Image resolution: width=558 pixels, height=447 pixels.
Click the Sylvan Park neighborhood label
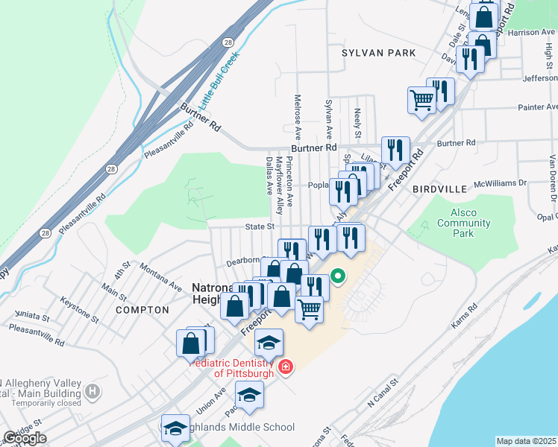pyautogui.click(x=378, y=53)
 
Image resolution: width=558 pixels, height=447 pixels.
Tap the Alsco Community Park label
pyautogui.click(x=464, y=223)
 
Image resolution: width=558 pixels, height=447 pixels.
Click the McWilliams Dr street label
pyautogui.click(x=500, y=182)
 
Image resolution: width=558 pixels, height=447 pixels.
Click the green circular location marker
pyautogui.click(x=337, y=276)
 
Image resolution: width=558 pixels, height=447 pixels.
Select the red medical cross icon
pyautogui.click(x=284, y=367)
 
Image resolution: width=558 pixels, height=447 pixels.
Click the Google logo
pyautogui.click(x=25, y=438)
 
